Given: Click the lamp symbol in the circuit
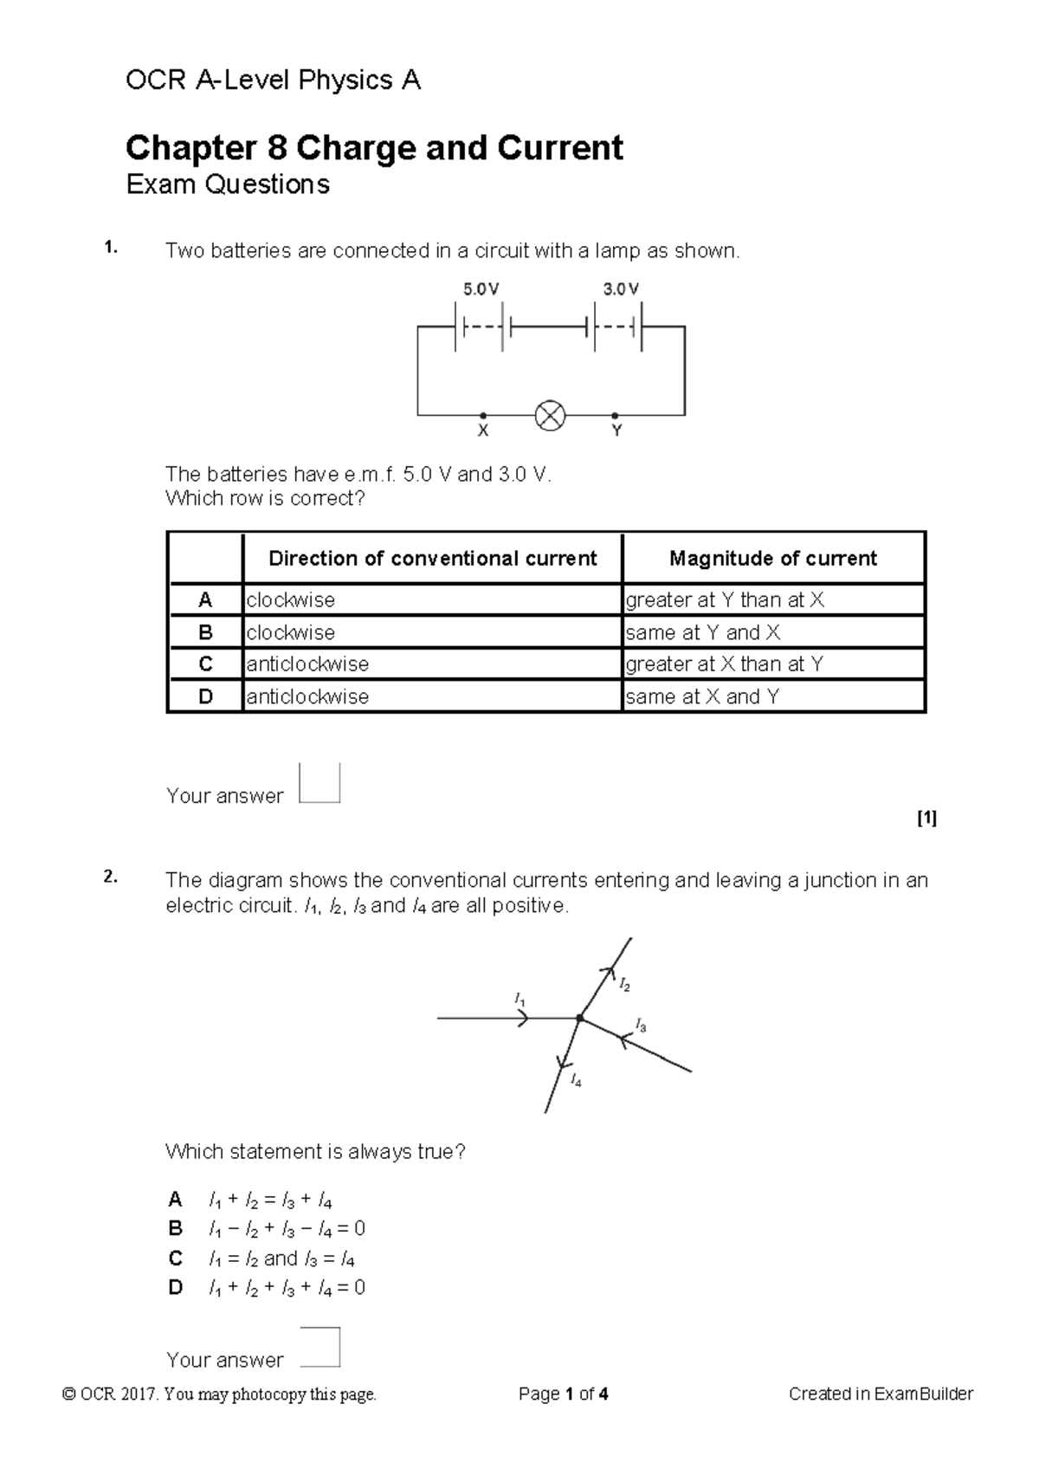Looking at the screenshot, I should pos(551,416).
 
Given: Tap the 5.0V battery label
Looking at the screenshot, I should pos(481,290).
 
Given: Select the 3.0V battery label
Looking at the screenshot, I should pos(620,290).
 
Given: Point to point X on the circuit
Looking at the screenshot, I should pos(483,415).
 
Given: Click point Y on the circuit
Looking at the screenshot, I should pos(615,415).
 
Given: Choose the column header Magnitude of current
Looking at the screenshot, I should pos(773,559).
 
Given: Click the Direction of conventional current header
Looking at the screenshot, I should pos(432,559).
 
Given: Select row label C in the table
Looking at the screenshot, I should pos(205,664).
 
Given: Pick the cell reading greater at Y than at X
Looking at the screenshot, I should pos(725,600).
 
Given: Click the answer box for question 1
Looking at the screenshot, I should pos(319,784).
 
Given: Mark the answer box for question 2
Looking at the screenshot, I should pos(319,1347).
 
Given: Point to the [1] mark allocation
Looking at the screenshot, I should pos(926,818).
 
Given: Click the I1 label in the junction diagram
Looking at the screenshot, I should pos(519,1000).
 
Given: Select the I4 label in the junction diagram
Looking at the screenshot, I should pos(577,1081).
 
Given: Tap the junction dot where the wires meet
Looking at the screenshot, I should pos(580,1019).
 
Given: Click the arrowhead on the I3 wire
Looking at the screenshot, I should pos(623,1038).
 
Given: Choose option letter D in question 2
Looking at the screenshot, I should pos(176,1288).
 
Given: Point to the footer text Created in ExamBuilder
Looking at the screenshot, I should pos(881,1395).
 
